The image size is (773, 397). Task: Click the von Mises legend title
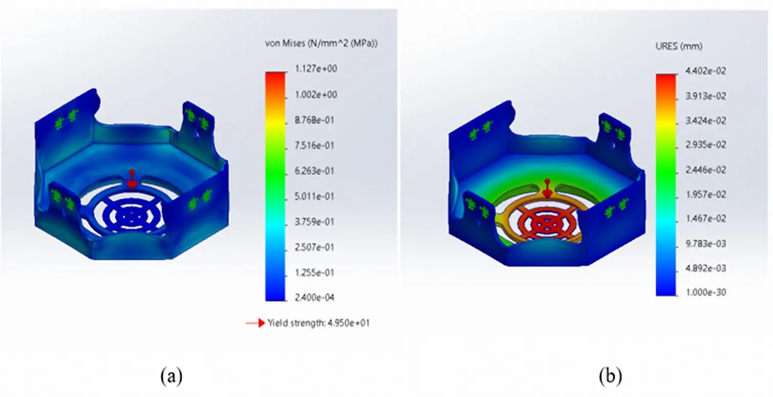pos(321,44)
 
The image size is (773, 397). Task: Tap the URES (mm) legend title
pos(679,46)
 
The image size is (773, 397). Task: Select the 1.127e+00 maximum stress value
pos(316,69)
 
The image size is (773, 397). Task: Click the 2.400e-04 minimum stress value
pos(315,298)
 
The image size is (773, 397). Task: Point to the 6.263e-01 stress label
pos(315,171)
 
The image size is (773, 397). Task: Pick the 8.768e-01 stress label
pos(315,120)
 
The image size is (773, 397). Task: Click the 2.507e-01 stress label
pos(315,247)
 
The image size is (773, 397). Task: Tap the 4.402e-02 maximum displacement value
pos(706,71)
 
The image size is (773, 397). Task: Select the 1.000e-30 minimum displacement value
pos(706,292)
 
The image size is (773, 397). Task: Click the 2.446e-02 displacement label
pos(706,170)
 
